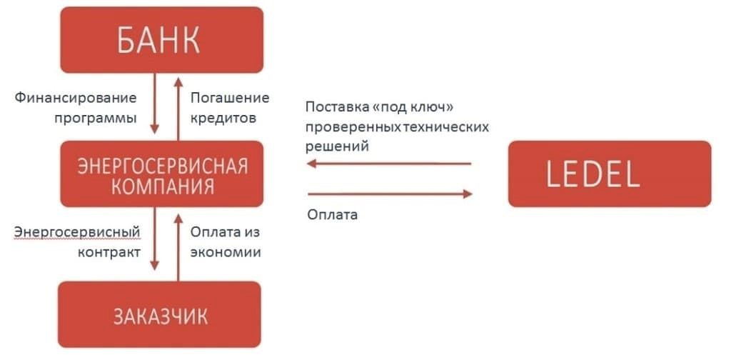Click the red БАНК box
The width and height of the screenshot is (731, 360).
pyautogui.click(x=161, y=40)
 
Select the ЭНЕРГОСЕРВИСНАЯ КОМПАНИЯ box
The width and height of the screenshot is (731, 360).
pyautogui.click(x=161, y=176)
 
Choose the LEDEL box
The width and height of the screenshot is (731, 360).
pyautogui.click(x=609, y=174)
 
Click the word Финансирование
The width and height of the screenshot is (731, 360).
pyautogui.click(x=75, y=98)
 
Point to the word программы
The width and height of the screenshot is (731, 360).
pyautogui.click(x=95, y=118)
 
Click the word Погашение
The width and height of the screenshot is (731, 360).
pyautogui.click(x=230, y=98)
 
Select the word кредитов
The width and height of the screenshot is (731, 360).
pyautogui.click(x=223, y=118)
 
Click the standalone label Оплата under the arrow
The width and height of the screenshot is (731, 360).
pyautogui.click(x=332, y=214)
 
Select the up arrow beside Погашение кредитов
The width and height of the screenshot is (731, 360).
pyautogui.click(x=177, y=106)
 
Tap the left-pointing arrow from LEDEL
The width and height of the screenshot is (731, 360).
pyautogui.click(x=389, y=164)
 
